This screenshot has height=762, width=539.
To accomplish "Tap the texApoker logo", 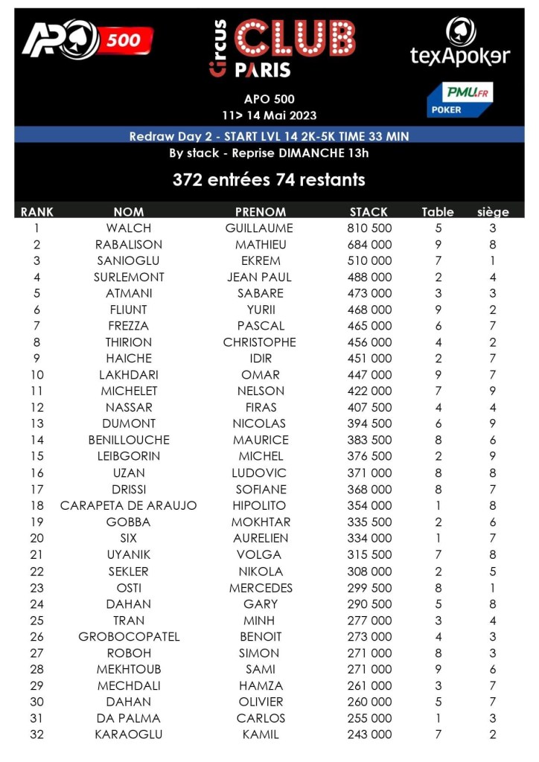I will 460,43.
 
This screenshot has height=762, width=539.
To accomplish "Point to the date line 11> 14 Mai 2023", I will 269,115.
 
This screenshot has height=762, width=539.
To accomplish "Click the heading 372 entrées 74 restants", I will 269,180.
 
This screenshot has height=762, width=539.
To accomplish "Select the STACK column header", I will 369,212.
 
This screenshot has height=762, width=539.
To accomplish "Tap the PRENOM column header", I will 260,212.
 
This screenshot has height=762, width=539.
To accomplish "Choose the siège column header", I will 493,212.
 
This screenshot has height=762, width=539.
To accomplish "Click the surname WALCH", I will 129,228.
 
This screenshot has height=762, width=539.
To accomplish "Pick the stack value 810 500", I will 369,228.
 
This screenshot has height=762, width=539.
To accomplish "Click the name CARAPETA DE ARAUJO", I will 129,506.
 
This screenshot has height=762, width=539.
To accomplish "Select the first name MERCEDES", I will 261,588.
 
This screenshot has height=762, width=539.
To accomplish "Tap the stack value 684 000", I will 369,245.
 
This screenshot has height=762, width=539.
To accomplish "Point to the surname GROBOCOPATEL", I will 129,637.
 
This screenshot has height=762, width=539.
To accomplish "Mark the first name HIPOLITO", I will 261,506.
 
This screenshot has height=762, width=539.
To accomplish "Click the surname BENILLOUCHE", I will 129,441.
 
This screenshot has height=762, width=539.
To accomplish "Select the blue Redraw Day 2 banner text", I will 269,136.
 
